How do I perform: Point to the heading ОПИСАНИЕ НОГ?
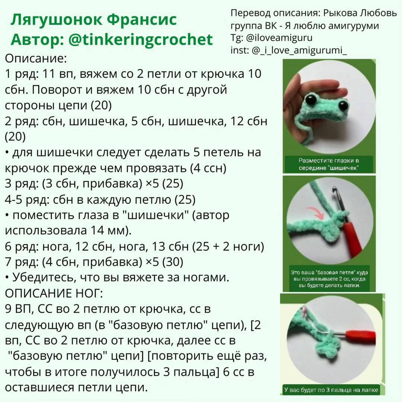[x=53, y=293]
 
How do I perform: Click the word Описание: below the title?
[x=36, y=58]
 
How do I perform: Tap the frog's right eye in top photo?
[x=343, y=105]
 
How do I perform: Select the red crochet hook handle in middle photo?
[x=351, y=238]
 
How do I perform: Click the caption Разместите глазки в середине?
[x=329, y=164]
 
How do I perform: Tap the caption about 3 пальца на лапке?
[x=331, y=390]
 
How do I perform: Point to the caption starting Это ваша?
[x=329, y=279]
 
